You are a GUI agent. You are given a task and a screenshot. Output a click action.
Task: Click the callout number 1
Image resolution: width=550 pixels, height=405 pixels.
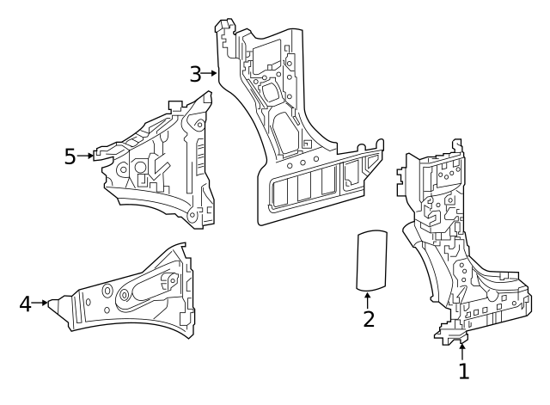coord(464,371)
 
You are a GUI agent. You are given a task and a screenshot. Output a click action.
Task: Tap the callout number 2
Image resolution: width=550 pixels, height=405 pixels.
coord(368,319)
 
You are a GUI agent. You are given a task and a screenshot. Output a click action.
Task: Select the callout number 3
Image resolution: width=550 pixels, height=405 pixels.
coord(195,73)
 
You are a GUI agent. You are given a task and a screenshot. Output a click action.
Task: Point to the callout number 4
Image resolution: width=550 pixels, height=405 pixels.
coord(26,303)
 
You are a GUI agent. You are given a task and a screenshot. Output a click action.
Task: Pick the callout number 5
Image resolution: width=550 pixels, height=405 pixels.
coord(70,156)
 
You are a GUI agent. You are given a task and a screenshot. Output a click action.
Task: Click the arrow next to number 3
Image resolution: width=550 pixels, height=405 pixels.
coord(211,73)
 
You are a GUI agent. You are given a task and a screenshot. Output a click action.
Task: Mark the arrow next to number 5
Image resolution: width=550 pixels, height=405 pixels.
coord(86,156)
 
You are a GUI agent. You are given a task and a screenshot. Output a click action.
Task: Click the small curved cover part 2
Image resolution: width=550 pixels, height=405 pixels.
coord(370,257)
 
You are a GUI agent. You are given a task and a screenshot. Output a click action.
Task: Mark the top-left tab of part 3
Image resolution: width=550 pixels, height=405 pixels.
coord(223,33)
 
